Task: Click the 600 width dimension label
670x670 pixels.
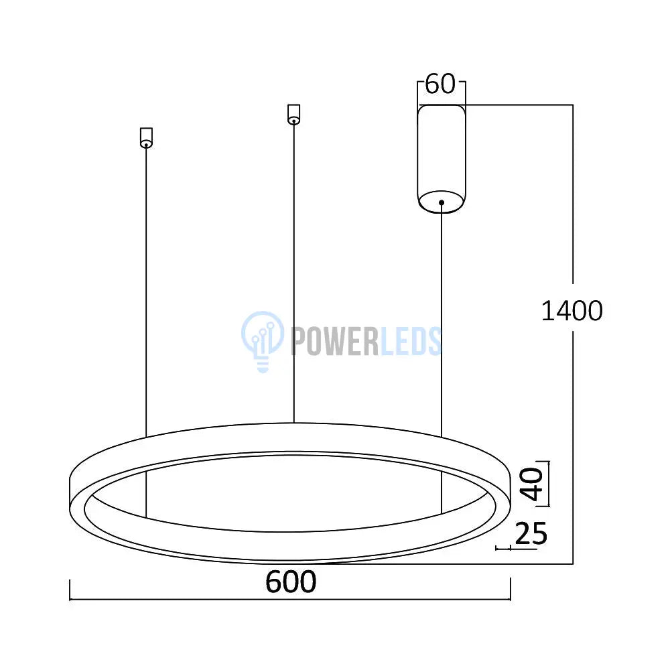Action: click(291, 582)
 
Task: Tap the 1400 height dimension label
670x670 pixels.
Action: click(572, 311)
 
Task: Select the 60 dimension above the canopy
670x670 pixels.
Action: click(441, 84)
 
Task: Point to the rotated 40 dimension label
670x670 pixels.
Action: click(531, 484)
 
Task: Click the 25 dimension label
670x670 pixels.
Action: click(531, 534)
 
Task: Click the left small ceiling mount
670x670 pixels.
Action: click(146, 137)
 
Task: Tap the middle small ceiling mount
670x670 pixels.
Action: click(293, 115)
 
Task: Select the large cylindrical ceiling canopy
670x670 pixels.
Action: click(442, 159)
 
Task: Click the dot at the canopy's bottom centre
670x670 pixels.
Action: click(442, 202)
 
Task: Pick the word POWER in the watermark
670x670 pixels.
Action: click(334, 341)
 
